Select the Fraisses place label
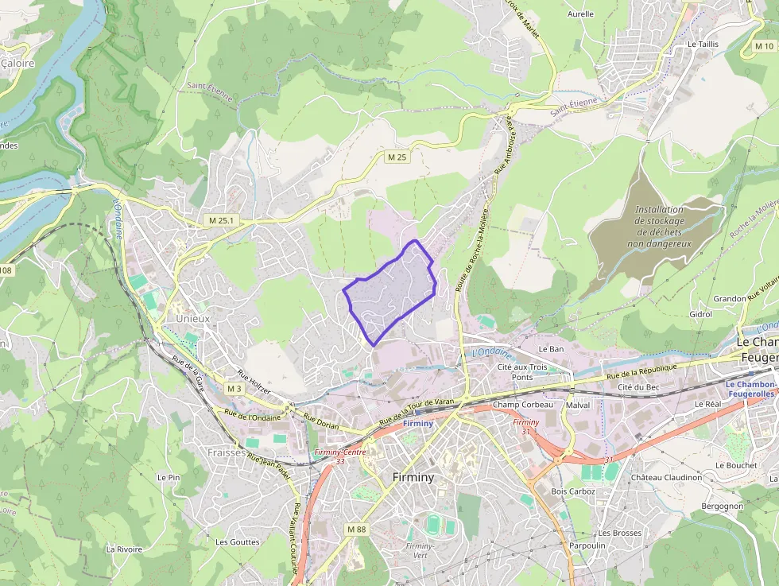[226, 452]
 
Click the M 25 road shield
[397, 157]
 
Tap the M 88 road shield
[356, 529]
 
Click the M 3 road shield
[234, 389]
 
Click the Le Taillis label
[703, 45]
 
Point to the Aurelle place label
[580, 14]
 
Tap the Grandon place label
[729, 299]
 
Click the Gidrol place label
[700, 314]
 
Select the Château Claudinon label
[666, 478]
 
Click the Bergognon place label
[722, 506]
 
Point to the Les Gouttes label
[237, 541]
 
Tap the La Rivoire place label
[124, 549]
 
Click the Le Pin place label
[168, 477]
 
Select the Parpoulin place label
[587, 545]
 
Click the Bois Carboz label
[572, 491]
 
